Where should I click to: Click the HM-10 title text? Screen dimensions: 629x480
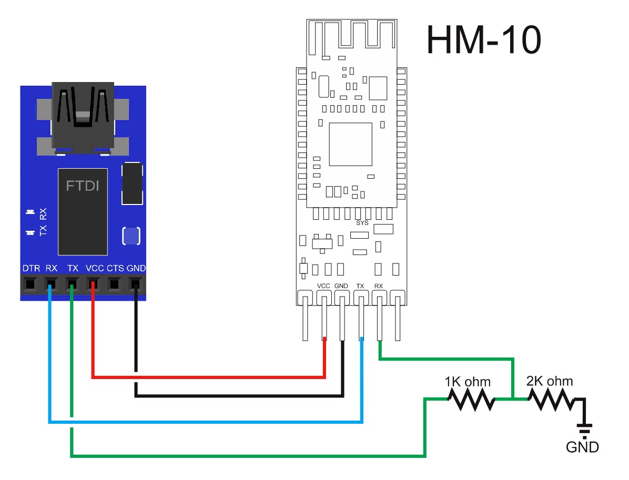pyautogui.click(x=484, y=39)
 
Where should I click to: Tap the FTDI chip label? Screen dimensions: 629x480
pyautogui.click(x=82, y=186)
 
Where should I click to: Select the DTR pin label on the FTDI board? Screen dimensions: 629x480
pyautogui.click(x=31, y=268)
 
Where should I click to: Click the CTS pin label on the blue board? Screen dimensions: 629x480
pyautogui.click(x=115, y=268)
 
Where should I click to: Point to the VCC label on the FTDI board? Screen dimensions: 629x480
pyautogui.click(x=95, y=268)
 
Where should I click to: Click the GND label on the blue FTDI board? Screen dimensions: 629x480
pyautogui.click(x=136, y=268)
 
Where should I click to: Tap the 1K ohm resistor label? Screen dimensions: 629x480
pyautogui.click(x=468, y=381)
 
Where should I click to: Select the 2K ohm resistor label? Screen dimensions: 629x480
pyautogui.click(x=550, y=381)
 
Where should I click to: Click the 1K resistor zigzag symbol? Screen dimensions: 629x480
pyautogui.click(x=471, y=400)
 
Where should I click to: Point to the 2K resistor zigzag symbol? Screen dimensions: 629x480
pyautogui.click(x=551, y=400)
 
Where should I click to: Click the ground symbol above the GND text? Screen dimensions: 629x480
pyautogui.click(x=584, y=430)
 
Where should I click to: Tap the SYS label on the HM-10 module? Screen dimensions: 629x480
pyautogui.click(x=362, y=222)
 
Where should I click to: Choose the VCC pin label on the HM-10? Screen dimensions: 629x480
pyautogui.click(x=323, y=286)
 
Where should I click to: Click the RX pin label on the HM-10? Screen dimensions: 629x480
pyautogui.click(x=378, y=286)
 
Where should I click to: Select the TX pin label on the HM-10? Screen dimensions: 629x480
pyautogui.click(x=360, y=286)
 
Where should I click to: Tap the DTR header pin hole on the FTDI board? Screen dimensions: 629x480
pyautogui.click(x=29, y=284)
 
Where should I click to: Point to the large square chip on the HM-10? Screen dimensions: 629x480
pyautogui.click(x=350, y=145)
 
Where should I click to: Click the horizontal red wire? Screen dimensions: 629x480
pyautogui.click(x=209, y=377)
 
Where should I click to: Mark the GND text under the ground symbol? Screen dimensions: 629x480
pyautogui.click(x=582, y=447)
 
